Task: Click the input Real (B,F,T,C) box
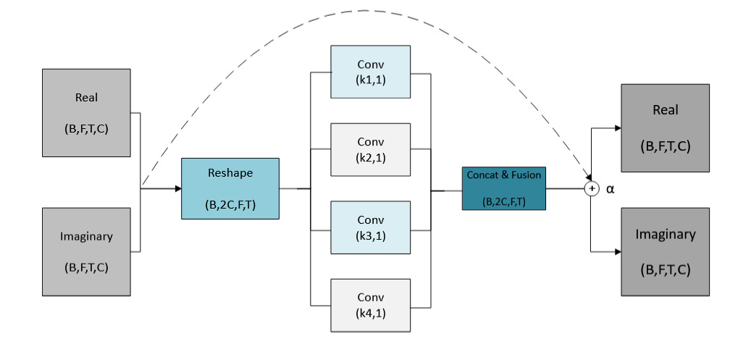[86, 112]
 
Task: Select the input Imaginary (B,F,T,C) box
[86, 251]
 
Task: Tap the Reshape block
[230, 188]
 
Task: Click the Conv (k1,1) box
[370, 72]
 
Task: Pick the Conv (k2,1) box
[370, 149]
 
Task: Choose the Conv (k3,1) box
[370, 227]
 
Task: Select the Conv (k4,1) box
[370, 305]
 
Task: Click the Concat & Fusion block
[504, 188]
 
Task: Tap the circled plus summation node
[592, 188]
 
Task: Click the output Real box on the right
[665, 127]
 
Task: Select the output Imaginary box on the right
[665, 251]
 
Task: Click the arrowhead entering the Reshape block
[177, 188]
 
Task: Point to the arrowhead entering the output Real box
[617, 128]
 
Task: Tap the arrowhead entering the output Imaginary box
[617, 251]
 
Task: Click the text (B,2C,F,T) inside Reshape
[230, 204]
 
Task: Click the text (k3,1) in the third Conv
[370, 235]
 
